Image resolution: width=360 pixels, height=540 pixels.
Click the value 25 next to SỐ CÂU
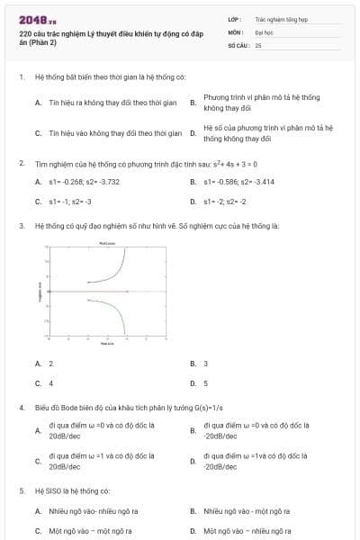(258, 44)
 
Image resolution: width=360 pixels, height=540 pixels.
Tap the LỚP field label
(234, 18)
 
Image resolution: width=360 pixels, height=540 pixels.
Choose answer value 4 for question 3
(50, 383)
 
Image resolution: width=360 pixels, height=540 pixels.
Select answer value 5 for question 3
(206, 383)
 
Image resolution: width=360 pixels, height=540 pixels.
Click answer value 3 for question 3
(206, 364)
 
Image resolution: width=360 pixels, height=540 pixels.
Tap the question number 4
(21, 407)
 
